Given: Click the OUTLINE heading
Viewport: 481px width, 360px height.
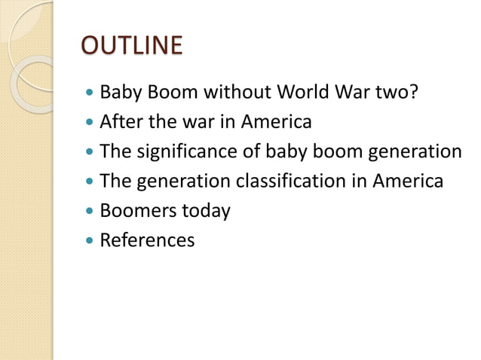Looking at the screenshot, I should click(x=131, y=45).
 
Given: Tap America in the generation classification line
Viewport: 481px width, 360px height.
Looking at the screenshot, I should click(x=407, y=182).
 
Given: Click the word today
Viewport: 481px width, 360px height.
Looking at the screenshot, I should click(x=205, y=211).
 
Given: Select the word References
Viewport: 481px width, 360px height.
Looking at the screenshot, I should click(x=147, y=241).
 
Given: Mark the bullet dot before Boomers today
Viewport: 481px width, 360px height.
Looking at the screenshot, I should click(x=90, y=212).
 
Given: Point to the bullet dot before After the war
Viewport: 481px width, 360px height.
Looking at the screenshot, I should click(x=90, y=122).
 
